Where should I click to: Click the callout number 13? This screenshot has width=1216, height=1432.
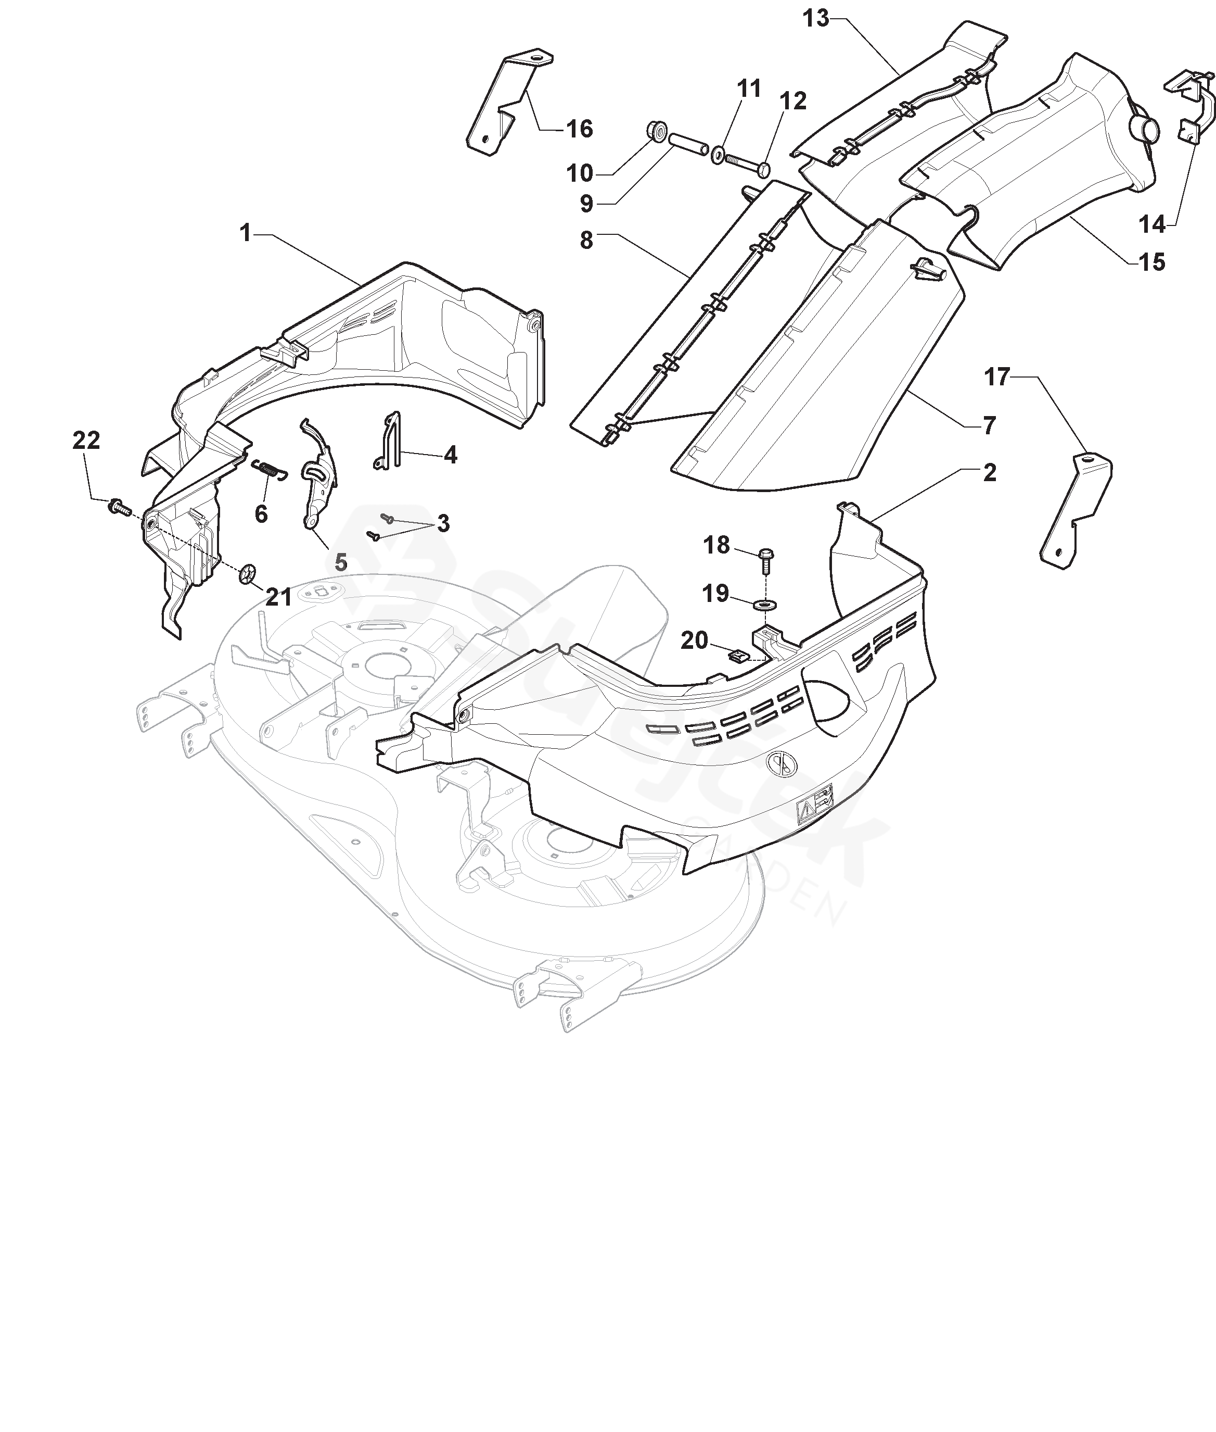pyautogui.click(x=815, y=19)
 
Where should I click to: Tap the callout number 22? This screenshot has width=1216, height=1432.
pyautogui.click(x=86, y=440)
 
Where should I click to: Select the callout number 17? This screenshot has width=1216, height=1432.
pyautogui.click(x=997, y=378)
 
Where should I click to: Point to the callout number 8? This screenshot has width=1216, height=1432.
pyautogui.click(x=586, y=241)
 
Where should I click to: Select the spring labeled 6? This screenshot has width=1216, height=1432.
pyautogui.click(x=268, y=468)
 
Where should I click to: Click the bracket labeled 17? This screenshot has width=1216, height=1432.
pyautogui.click(x=1076, y=510)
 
